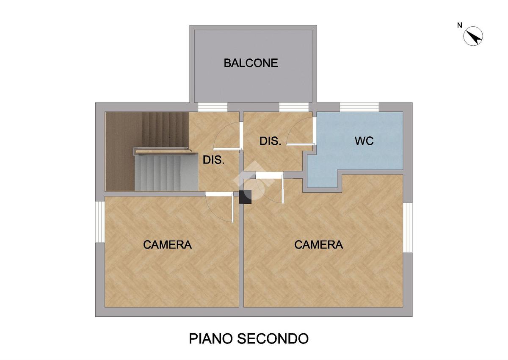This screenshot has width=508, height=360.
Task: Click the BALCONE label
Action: click(x=251, y=63)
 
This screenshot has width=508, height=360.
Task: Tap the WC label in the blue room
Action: click(x=364, y=141)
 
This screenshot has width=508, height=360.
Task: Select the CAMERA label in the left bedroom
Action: click(x=167, y=244)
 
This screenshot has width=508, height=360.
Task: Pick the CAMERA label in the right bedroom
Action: click(x=319, y=244)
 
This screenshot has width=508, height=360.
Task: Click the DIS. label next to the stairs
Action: click(x=214, y=160)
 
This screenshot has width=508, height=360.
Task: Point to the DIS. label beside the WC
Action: click(x=271, y=141)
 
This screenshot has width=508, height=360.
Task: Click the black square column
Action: click(x=246, y=197)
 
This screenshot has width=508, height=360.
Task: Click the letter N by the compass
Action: click(x=460, y=26)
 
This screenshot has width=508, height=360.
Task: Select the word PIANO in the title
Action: click(x=211, y=345)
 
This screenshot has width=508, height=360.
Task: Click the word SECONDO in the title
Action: click(x=273, y=345)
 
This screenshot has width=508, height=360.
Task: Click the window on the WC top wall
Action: click(x=359, y=107)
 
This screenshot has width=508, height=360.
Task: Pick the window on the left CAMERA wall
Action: click(x=100, y=222)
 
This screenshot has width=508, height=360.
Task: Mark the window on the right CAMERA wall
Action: click(x=408, y=227)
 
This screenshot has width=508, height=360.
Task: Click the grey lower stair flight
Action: click(x=166, y=173)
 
